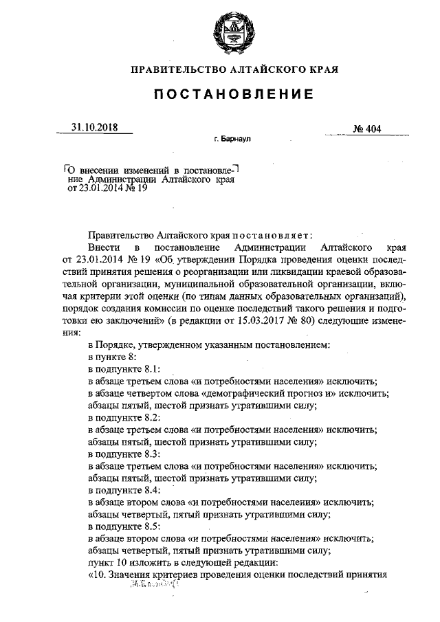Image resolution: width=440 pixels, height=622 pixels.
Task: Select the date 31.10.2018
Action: [94, 127]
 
